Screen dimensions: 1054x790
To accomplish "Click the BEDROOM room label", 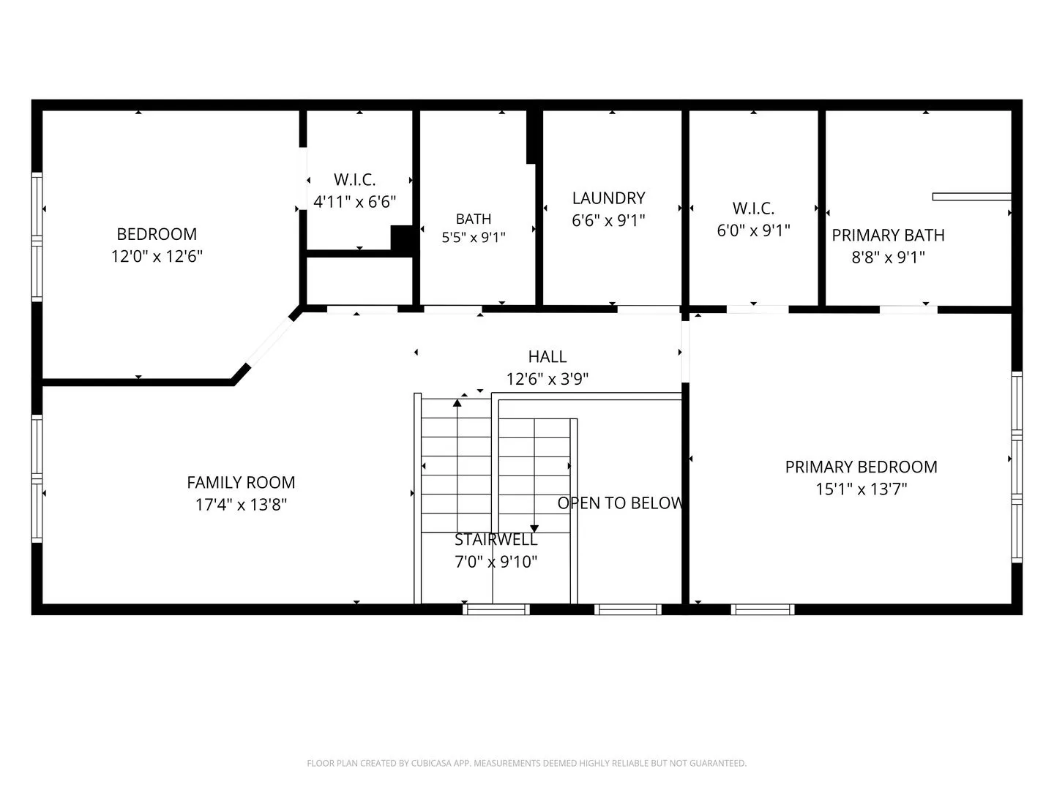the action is (x=157, y=234).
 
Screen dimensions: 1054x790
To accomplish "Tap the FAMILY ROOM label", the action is (x=241, y=482).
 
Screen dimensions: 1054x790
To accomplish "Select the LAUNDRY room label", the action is (x=608, y=198).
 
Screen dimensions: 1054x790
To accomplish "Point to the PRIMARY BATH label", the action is (x=888, y=235).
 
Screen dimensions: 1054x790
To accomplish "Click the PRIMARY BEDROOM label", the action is (x=861, y=467).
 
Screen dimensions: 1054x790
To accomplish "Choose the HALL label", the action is (x=547, y=356).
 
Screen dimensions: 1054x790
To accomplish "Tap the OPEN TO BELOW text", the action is (x=620, y=503).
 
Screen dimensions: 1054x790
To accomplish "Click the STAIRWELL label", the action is (x=496, y=540).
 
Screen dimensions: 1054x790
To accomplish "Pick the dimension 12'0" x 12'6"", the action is (x=157, y=256).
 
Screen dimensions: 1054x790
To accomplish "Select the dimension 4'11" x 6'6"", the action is (x=354, y=201).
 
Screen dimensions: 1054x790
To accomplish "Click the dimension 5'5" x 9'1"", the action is (x=474, y=237).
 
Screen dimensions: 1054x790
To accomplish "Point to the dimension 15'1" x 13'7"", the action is (x=861, y=489).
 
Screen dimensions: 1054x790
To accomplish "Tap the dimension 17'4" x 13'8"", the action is (x=241, y=505).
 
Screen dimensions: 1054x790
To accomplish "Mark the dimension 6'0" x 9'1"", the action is (x=753, y=230).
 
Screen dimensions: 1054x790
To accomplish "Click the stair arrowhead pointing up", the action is (x=457, y=403).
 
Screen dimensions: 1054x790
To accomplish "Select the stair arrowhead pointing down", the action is (x=534, y=529).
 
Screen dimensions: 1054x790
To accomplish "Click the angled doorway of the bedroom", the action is (x=270, y=341).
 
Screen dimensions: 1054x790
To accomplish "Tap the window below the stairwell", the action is (x=496, y=609).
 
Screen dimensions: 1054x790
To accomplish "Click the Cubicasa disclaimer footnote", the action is (x=527, y=764).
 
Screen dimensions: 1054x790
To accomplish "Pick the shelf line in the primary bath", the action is (x=971, y=197).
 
